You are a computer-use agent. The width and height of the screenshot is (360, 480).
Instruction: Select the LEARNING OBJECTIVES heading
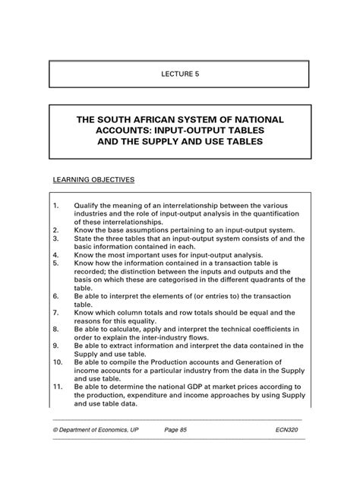point(93,180)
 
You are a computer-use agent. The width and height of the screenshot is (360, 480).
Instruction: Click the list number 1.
point(56,206)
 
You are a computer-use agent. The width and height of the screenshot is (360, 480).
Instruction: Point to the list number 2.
point(56,227)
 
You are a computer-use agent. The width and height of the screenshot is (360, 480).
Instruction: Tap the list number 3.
point(56,235)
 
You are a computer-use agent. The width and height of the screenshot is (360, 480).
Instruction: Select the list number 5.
point(56,264)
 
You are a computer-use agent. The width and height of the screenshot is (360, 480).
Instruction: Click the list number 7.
point(56,311)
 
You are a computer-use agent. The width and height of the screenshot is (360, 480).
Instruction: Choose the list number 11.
point(58,386)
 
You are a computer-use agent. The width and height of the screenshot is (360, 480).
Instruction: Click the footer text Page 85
point(179,430)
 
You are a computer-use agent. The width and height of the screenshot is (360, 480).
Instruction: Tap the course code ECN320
point(290,430)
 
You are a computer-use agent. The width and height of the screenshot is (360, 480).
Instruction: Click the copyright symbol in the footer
point(55,430)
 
